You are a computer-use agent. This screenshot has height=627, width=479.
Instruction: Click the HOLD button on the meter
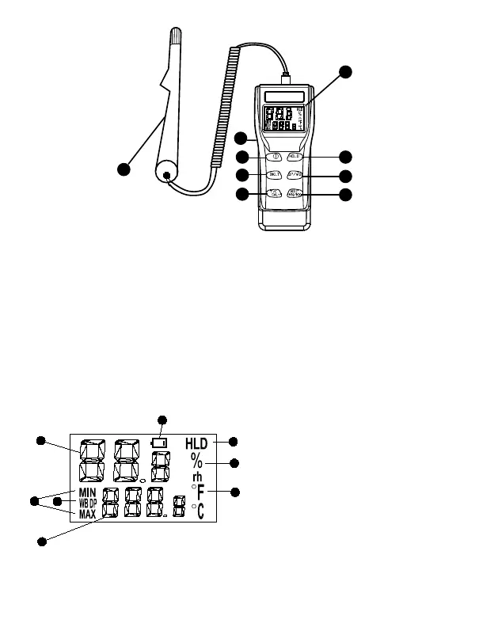coord(295,157)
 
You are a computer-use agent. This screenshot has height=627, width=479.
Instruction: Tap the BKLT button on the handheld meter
coord(274,174)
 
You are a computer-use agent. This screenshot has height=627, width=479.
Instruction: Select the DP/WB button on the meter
coord(295,175)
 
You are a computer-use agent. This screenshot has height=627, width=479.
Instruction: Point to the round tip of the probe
coord(166,173)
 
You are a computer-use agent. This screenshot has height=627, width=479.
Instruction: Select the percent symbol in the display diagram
coord(196,462)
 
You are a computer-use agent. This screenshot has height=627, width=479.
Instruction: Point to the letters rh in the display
coord(198,477)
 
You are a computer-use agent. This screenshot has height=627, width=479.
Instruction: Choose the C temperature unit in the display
coord(201,512)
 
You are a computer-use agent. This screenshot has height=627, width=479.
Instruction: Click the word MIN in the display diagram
coord(87,492)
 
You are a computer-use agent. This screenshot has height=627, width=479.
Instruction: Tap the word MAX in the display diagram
coord(88,514)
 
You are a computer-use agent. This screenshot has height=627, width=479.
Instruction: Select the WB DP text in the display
coord(88,503)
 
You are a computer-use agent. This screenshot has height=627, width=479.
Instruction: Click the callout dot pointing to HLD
coord(234,442)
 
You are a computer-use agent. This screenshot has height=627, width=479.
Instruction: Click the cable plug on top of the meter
coord(285,78)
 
